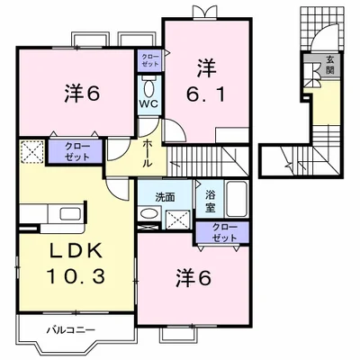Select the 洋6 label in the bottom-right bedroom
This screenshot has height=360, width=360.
193,278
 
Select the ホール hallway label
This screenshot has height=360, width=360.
148,152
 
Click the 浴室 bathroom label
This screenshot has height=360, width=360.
211,200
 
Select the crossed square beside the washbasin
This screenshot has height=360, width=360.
178,216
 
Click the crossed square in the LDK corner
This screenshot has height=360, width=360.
31,151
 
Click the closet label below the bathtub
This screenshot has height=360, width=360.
220,230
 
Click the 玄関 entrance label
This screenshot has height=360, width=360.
330,65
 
